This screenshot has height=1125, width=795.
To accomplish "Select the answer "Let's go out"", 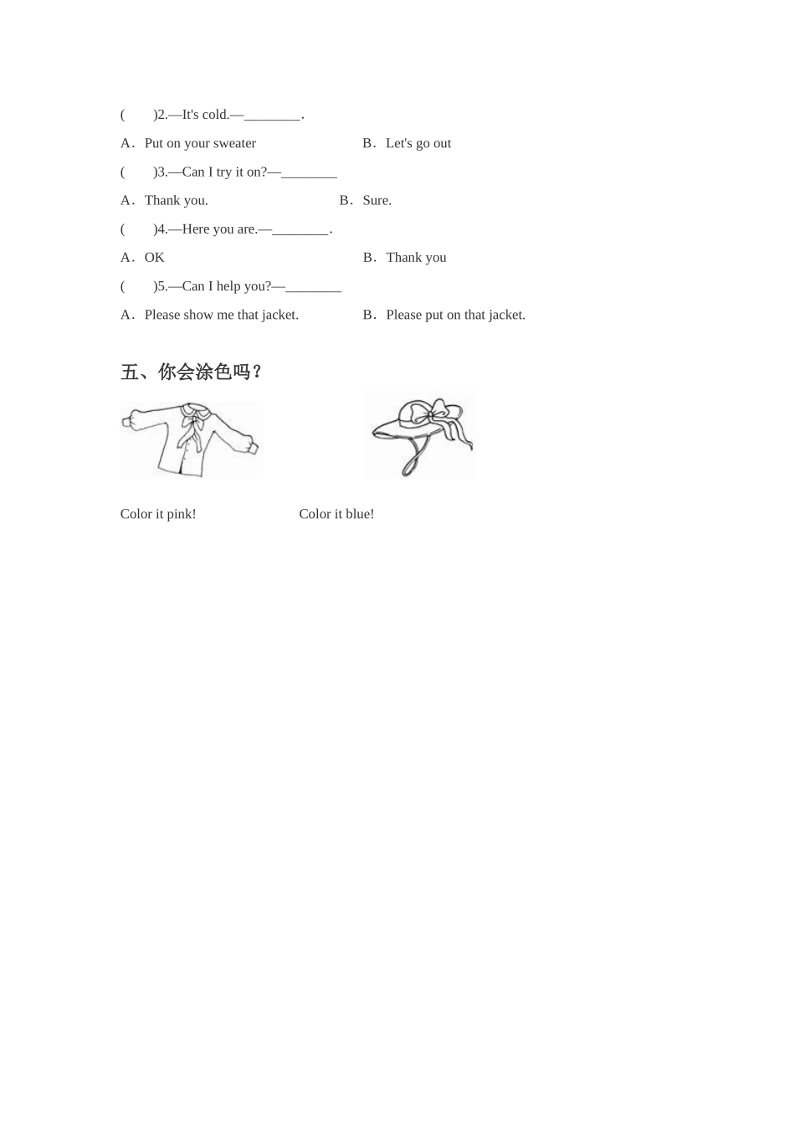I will pyautogui.click(x=418, y=143).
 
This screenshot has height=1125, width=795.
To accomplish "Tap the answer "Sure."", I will pyautogui.click(x=377, y=200).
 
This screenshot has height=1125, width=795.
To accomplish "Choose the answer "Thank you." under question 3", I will pyautogui.click(x=176, y=200).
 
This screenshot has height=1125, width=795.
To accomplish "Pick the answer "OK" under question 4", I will pyautogui.click(x=154, y=257).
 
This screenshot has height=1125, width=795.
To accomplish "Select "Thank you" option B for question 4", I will pyautogui.click(x=416, y=257).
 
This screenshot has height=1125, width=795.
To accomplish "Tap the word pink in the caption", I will pyautogui.click(x=181, y=514).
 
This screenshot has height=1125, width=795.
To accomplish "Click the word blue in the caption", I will pyautogui.click(x=359, y=514).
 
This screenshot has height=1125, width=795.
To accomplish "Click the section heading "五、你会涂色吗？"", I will pyautogui.click(x=191, y=372).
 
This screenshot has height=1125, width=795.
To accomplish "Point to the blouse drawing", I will pyautogui.click(x=192, y=440).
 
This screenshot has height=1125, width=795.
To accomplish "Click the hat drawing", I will pyautogui.click(x=420, y=435).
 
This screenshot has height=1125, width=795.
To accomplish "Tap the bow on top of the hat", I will pyautogui.click(x=438, y=413).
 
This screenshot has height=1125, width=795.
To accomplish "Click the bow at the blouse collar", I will pyautogui.click(x=196, y=416).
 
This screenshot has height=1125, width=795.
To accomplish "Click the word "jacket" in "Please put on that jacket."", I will pyautogui.click(x=506, y=315).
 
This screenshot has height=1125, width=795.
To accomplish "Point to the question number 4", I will pyautogui.click(x=162, y=229).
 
